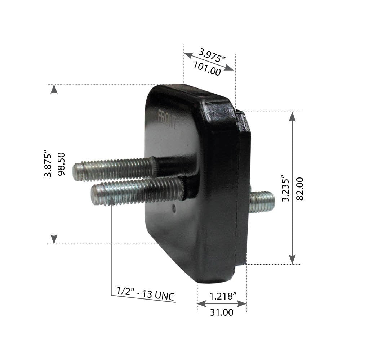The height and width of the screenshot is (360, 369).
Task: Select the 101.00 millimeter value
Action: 207,68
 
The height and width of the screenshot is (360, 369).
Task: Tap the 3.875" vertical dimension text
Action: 48,165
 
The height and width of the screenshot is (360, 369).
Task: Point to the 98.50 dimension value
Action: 61,164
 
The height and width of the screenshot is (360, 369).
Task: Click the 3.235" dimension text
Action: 285,188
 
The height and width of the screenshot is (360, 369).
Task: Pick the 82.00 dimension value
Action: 299,188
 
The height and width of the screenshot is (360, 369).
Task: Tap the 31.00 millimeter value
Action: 222,312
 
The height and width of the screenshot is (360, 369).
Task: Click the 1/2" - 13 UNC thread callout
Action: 146,294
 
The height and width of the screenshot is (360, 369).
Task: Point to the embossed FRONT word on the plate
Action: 168,120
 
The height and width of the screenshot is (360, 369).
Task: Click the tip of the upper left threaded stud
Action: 75,172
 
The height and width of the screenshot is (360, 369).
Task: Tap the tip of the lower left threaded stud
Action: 94,194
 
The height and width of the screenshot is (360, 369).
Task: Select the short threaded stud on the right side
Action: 262,202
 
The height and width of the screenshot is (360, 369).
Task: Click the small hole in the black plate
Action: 174,207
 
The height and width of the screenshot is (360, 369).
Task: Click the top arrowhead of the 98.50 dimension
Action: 54,89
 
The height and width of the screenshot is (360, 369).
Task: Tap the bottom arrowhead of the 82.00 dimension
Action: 292,259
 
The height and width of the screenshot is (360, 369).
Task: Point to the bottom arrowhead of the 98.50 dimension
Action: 54,239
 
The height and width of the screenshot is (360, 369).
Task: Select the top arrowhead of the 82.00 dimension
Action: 292,116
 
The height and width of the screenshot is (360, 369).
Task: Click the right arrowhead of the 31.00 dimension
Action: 242,304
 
